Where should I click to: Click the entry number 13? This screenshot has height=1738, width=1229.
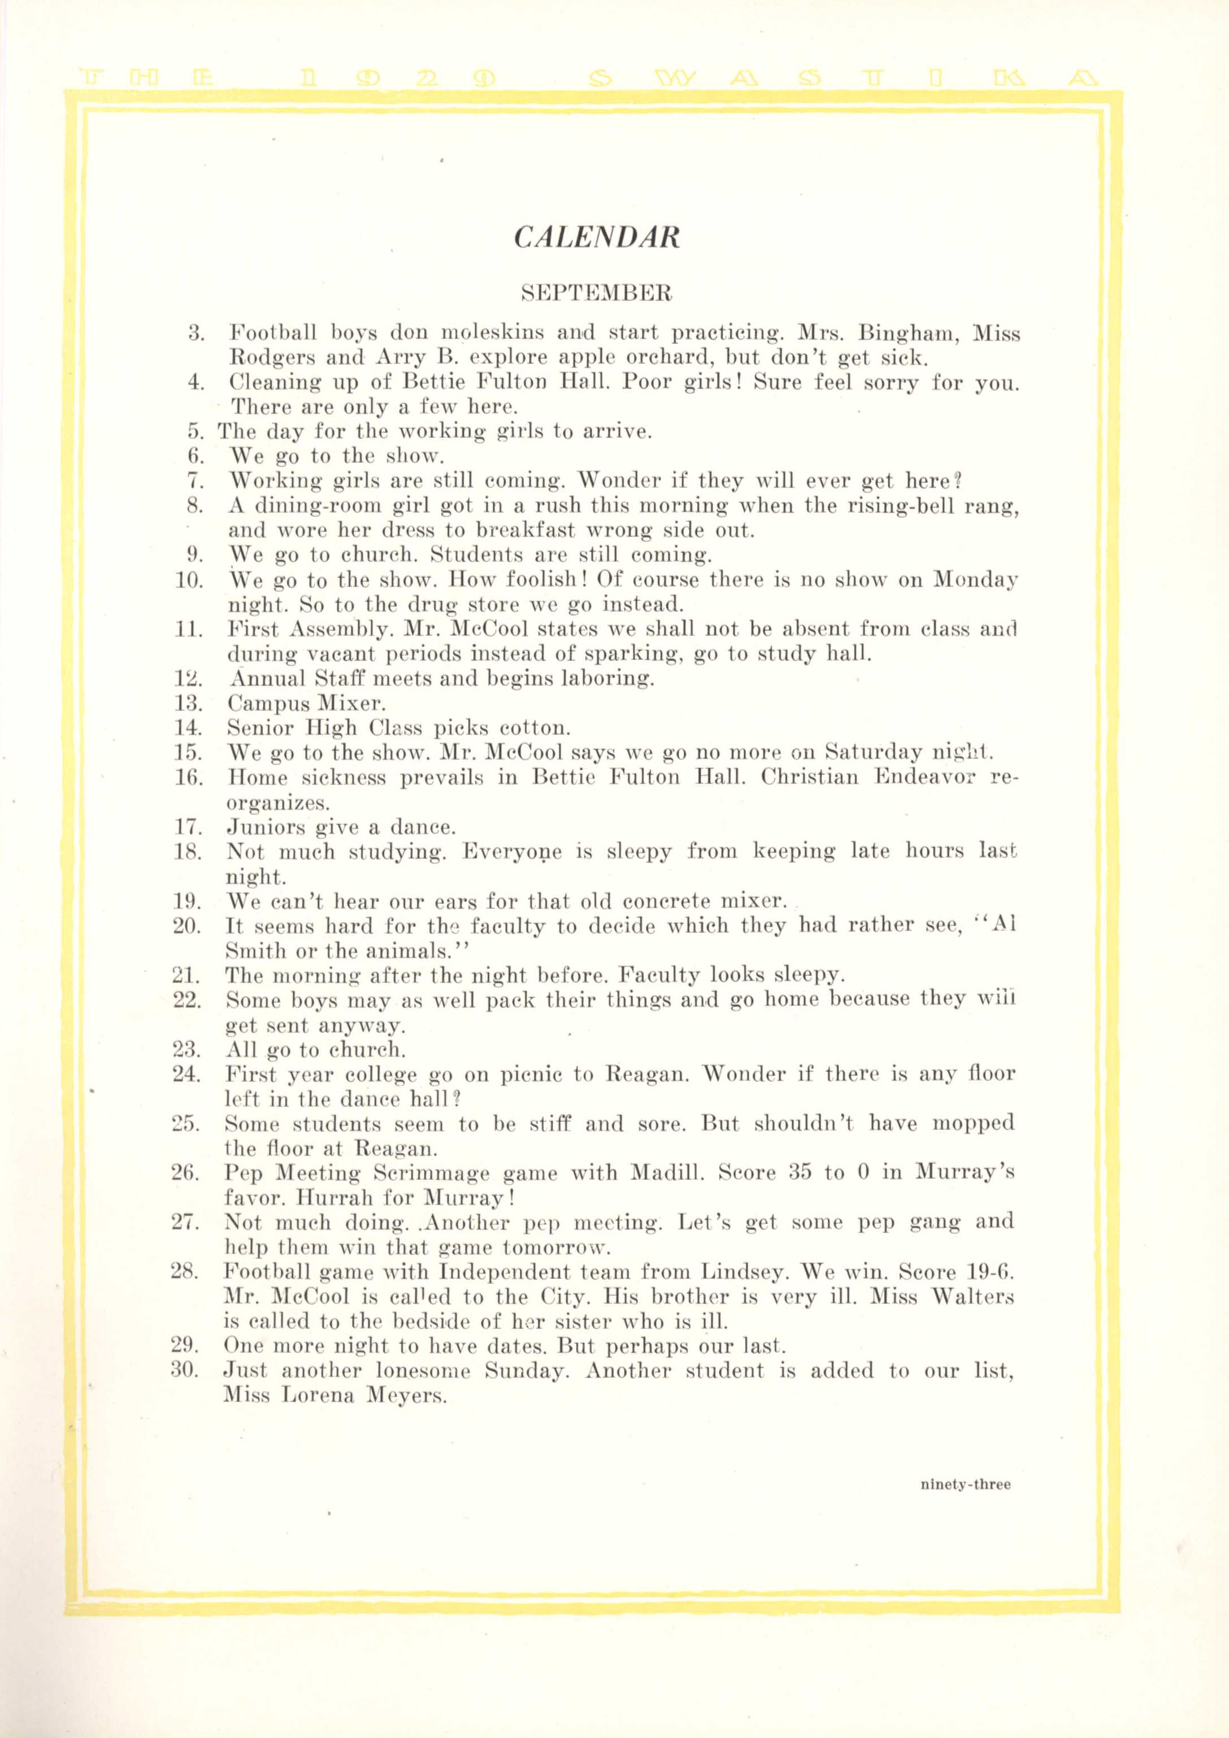(x=188, y=703)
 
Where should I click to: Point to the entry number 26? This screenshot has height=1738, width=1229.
(x=185, y=1173)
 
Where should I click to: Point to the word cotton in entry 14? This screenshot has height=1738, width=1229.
(x=535, y=728)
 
